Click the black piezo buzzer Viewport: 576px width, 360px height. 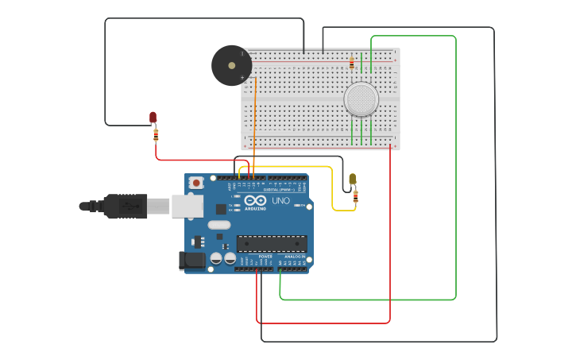pyautogui.click(x=231, y=65)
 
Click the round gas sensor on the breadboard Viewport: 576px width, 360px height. pyautogui.click(x=361, y=99)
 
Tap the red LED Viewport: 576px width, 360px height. pyautogui.click(x=153, y=118)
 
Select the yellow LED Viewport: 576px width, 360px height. pyautogui.click(x=353, y=180)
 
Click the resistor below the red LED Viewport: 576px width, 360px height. pyautogui.click(x=156, y=134)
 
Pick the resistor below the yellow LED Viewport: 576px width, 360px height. pyautogui.click(x=355, y=195)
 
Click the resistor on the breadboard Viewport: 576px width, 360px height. pyautogui.click(x=352, y=62)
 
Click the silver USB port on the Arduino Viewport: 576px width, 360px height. pyautogui.click(x=187, y=207)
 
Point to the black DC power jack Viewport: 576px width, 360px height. pyautogui.click(x=193, y=260)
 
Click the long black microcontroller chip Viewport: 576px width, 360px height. pyautogui.click(x=272, y=243)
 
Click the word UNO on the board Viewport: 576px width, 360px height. pyautogui.click(x=280, y=201)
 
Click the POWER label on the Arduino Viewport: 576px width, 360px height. pyautogui.click(x=265, y=257)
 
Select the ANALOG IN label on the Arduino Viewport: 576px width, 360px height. pyautogui.click(x=295, y=257)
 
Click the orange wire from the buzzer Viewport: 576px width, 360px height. pyautogui.click(x=254, y=127)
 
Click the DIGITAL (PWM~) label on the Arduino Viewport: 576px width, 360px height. pyautogui.click(x=280, y=190)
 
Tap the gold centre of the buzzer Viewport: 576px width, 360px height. pyautogui.click(x=231, y=65)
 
